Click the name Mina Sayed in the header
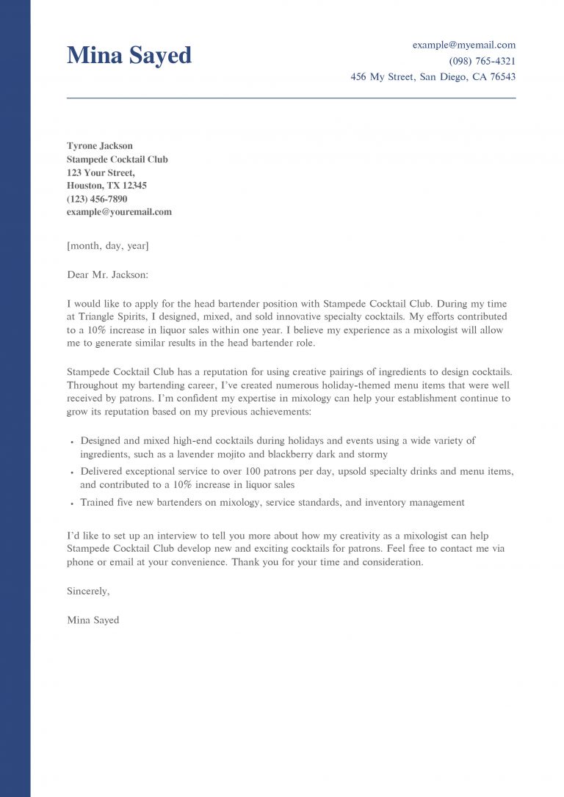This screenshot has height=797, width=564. [x=129, y=55]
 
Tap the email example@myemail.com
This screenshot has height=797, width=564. [x=463, y=45]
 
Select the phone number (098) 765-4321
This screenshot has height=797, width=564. [x=482, y=61]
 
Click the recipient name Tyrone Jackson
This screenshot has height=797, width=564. [x=100, y=146]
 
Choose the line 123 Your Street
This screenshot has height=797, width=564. [x=101, y=172]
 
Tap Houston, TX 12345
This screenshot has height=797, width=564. [x=106, y=186]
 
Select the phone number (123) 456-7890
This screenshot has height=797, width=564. [x=97, y=199]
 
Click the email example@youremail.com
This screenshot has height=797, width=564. [x=119, y=212]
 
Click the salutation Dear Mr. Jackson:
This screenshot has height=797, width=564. [x=107, y=274]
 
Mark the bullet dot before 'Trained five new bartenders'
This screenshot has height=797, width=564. [x=72, y=504]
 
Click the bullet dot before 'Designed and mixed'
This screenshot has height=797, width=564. [x=72, y=443]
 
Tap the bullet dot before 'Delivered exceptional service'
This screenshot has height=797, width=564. [x=72, y=473]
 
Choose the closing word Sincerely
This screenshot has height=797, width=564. [x=88, y=590]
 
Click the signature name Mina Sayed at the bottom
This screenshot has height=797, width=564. [x=93, y=620]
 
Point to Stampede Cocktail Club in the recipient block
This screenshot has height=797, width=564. [x=117, y=159]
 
